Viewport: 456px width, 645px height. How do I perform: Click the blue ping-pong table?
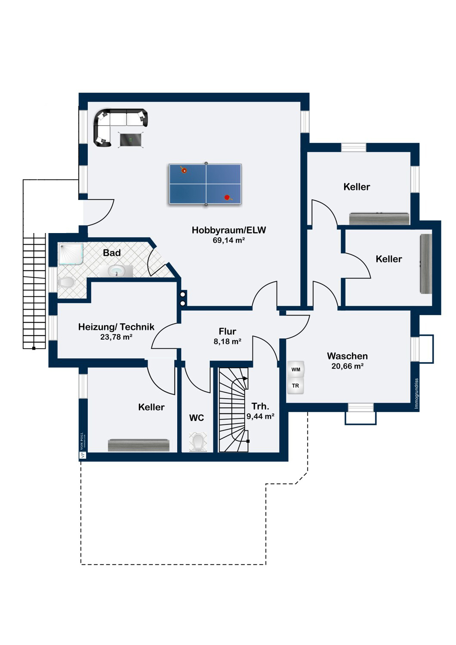pos(205,184)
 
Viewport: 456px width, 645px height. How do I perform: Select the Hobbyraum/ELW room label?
pos(229,230)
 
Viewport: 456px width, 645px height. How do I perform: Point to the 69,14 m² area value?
pos(229,240)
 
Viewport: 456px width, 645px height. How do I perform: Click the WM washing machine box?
pos(296,370)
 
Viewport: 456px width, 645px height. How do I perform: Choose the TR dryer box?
pos(296,386)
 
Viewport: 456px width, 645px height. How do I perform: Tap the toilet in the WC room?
pos(198,441)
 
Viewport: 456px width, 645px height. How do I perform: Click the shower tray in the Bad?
pos(71,254)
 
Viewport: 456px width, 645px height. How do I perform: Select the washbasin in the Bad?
pos(117,271)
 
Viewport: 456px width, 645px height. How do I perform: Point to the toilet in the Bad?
pos(66,283)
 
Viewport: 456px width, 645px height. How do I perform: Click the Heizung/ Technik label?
pos(117,327)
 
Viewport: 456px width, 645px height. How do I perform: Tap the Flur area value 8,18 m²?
pos(228,341)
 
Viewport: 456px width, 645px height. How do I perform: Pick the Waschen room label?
pos(348,356)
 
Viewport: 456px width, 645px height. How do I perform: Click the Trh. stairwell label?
pos(260,406)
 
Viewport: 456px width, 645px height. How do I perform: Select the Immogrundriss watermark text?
pos(416,393)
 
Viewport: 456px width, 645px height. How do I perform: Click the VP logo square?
pos(83,455)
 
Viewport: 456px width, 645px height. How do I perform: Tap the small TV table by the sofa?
pos(131,140)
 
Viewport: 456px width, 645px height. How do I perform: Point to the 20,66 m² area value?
pos(348,366)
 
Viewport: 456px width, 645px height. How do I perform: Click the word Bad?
pos(112,253)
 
